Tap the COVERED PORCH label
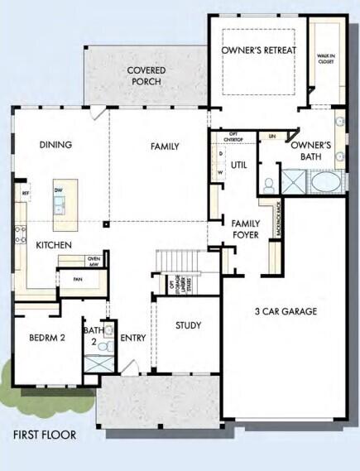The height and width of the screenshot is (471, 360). [x=146, y=76]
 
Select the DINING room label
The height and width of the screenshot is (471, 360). [x=55, y=145]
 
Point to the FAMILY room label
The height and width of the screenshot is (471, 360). [x=165, y=147]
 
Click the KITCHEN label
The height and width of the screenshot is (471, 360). [x=53, y=246]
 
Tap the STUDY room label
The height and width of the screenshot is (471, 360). [x=188, y=325]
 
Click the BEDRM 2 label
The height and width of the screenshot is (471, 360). [x=46, y=338]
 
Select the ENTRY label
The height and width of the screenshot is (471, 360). [x=132, y=338]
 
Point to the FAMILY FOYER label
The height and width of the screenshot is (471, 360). [x=246, y=229]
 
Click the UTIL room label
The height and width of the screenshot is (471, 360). [x=240, y=164]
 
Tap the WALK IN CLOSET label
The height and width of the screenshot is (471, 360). [x=326, y=60]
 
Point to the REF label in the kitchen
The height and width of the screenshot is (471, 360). [x=26, y=194]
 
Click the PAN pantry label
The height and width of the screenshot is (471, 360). [x=77, y=279]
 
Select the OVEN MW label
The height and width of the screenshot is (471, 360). [x=94, y=262]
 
